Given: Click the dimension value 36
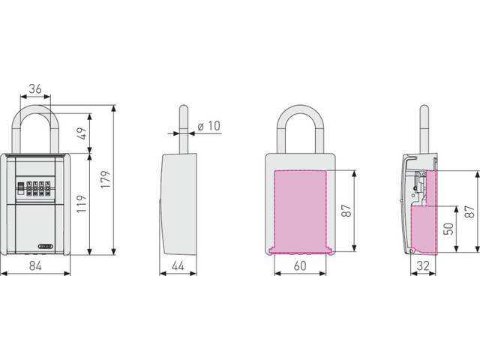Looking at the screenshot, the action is point(35,88).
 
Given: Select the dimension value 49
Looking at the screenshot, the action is point(82,133).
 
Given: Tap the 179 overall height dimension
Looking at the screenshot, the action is point(106,179).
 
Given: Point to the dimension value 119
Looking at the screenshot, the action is point(82,204).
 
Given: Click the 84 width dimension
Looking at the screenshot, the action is point(35,266).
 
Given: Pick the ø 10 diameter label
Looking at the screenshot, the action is point(209,126).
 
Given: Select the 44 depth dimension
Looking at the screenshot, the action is point(178,266).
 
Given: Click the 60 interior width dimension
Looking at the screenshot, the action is point(300,266).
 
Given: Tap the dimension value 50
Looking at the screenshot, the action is point(448,229).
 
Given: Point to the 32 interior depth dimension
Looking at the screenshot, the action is point(423,266).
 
